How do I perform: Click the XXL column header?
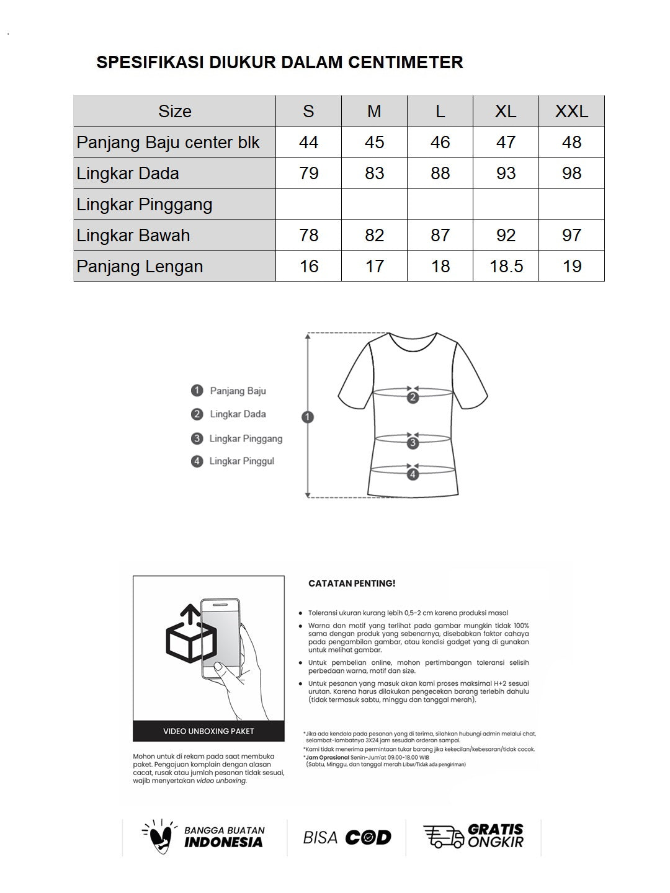[x=571, y=112]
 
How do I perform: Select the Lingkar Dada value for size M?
[x=374, y=174]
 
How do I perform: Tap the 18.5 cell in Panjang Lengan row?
[x=506, y=267]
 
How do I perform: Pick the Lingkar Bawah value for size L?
[x=440, y=236]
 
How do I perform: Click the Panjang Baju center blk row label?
[x=168, y=143]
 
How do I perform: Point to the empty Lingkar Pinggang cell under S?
[x=308, y=204]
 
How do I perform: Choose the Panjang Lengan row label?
[x=140, y=267]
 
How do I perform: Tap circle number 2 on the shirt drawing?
[x=413, y=398]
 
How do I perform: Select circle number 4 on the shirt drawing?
[x=413, y=475]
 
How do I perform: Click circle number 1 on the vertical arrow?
[x=308, y=417]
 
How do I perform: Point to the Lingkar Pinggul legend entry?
[x=241, y=461]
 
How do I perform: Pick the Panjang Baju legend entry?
[x=238, y=391]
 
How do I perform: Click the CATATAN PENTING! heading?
[x=352, y=584]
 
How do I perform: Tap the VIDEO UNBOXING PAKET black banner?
[x=208, y=731]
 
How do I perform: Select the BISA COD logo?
[x=347, y=838]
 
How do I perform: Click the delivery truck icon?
[x=443, y=837]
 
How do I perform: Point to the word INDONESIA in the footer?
[x=223, y=843]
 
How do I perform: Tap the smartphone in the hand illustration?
[x=220, y=639]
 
